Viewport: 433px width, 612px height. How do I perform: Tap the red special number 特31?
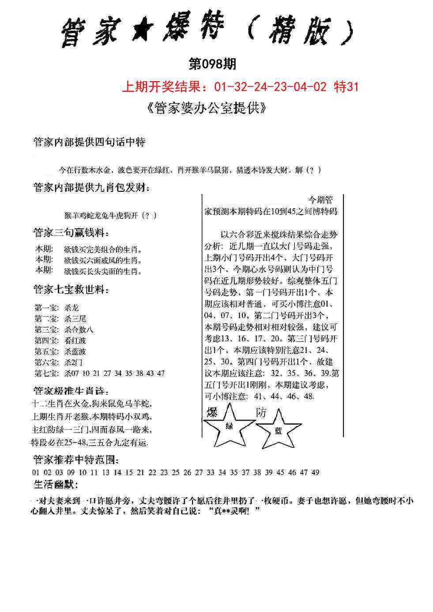coord(346,87)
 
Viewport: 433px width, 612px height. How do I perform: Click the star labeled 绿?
coord(229,426)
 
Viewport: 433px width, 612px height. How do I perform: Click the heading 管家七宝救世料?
coord(71,290)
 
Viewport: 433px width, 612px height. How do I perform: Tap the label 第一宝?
coord(45,308)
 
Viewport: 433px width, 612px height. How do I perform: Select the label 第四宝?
coord(45,340)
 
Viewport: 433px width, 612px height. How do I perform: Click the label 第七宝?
coord(45,373)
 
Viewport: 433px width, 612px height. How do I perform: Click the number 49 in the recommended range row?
coord(315,472)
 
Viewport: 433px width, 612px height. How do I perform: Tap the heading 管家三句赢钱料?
coord(71,232)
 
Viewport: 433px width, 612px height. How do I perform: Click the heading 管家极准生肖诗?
coord(71,391)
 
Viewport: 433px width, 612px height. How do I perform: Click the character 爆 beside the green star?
coord(212,413)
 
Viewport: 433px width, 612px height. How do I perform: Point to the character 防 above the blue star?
coord(261,412)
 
